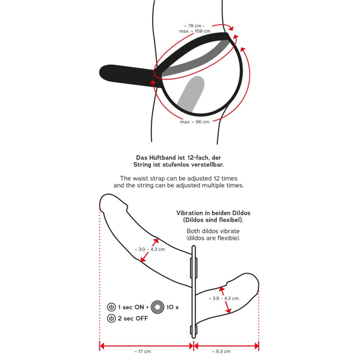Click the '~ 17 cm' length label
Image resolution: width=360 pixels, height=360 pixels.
[x=143, y=351]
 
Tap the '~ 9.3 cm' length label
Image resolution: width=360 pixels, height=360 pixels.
[x=221, y=351]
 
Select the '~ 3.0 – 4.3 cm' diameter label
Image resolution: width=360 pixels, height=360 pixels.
[x=150, y=249]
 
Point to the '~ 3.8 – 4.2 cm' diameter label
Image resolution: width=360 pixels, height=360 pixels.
[x=224, y=298]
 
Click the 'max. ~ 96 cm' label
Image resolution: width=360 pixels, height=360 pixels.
[x=195, y=122]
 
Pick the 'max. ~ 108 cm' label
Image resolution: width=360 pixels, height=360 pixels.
[x=195, y=31]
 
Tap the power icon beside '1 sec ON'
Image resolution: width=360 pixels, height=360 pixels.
[x=111, y=307]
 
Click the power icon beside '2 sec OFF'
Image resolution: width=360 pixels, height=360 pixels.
[x=111, y=318]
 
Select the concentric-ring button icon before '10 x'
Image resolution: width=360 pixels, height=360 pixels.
[x=157, y=307]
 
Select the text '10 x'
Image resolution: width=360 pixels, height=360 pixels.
[x=172, y=307]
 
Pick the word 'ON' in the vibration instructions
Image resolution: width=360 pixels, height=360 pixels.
[x=139, y=307]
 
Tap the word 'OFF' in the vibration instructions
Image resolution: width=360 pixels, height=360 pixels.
[x=142, y=319]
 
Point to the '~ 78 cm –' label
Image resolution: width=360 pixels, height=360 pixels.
[x=195, y=26]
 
